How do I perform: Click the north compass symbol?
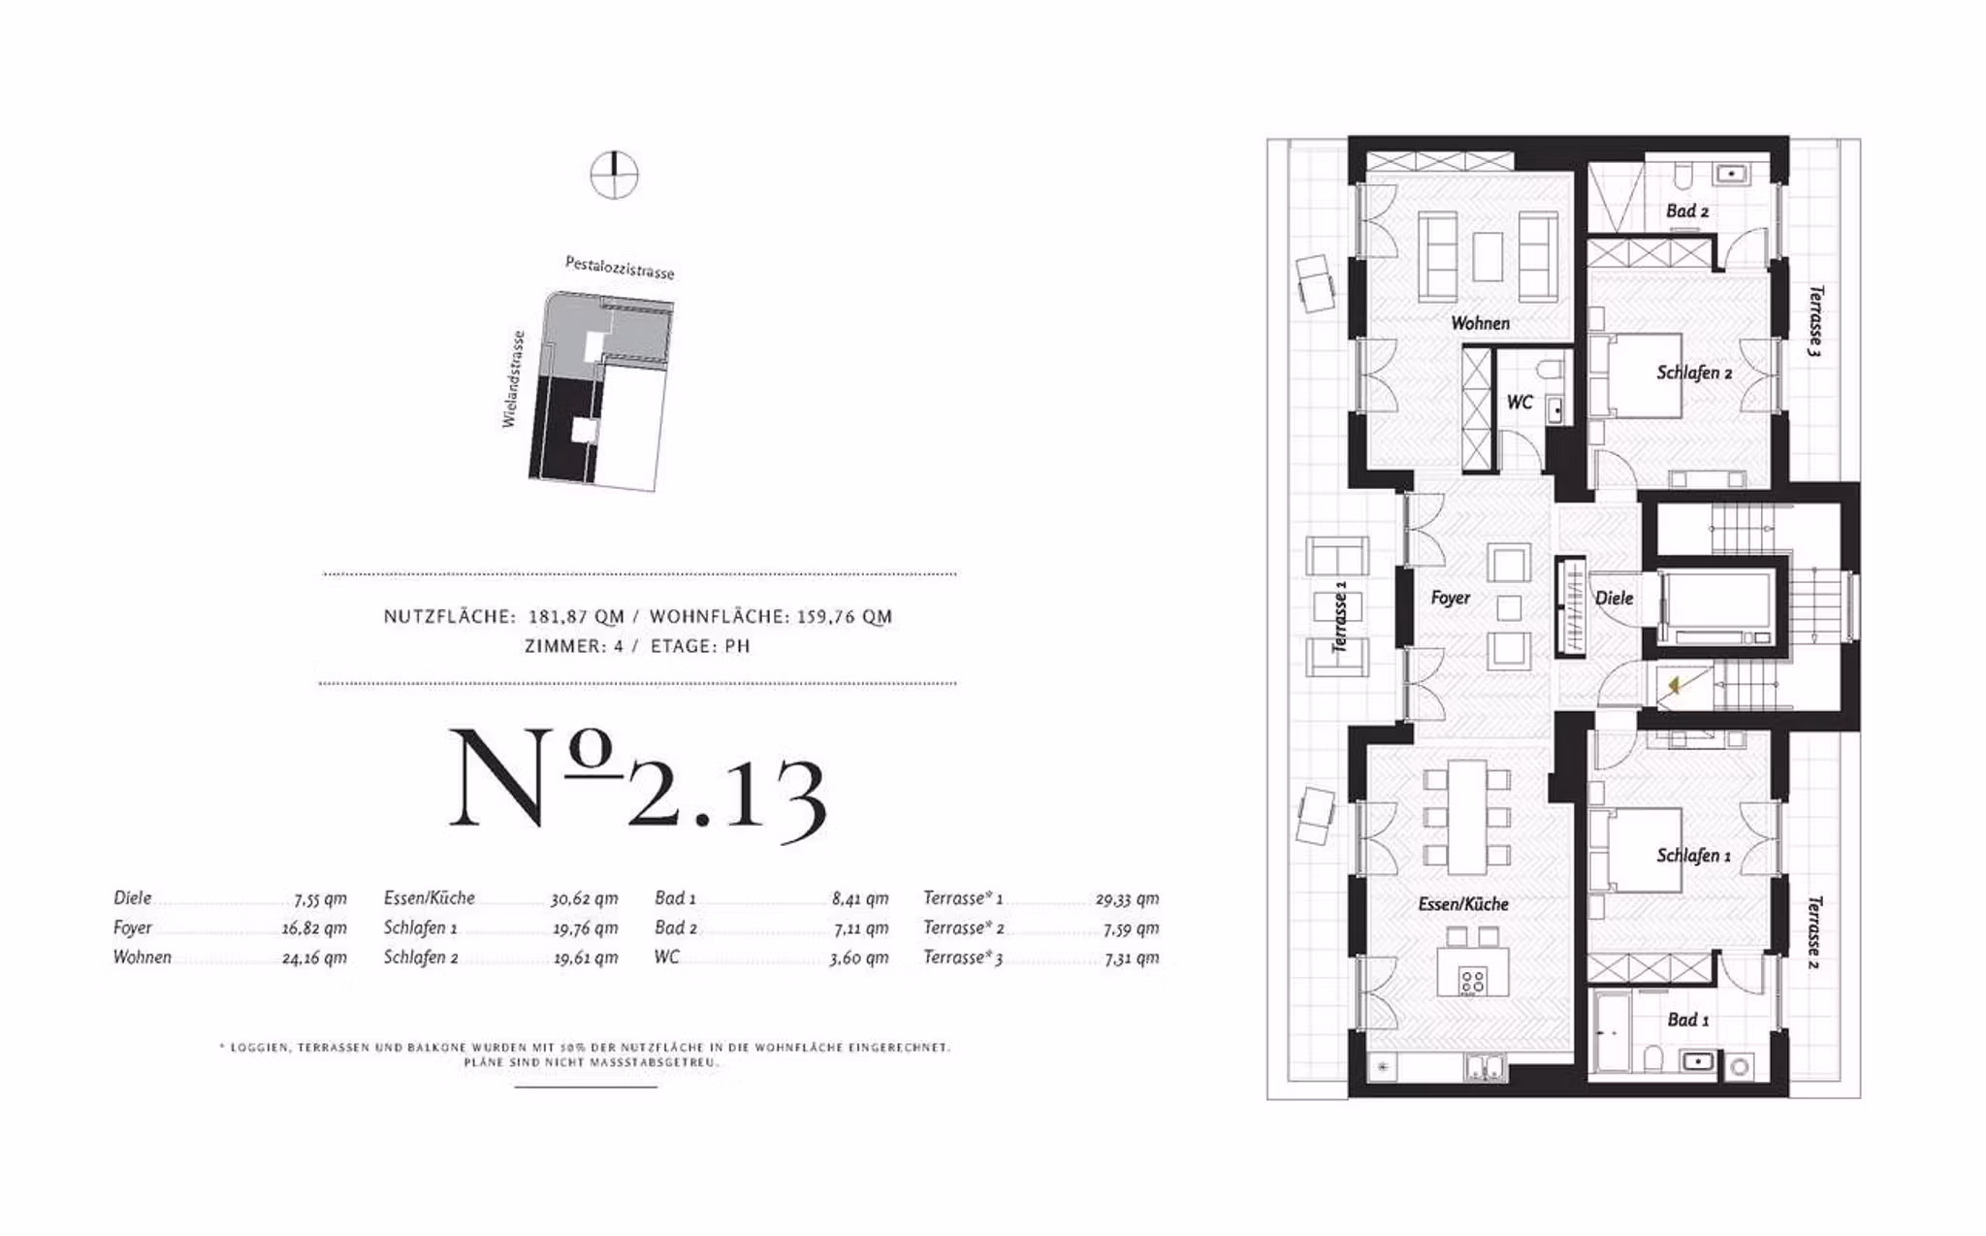tap(614, 176)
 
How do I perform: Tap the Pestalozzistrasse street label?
tap(619, 267)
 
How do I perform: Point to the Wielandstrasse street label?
tap(513, 379)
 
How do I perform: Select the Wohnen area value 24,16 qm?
tap(314, 958)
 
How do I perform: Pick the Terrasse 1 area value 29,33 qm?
tap(1127, 898)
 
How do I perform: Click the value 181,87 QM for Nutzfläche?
tap(576, 616)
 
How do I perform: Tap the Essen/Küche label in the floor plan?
tap(1462, 904)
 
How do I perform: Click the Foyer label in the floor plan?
tap(1450, 598)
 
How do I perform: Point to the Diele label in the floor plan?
tap(1614, 598)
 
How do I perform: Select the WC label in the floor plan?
tap(1519, 402)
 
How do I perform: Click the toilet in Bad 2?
tap(1682, 175)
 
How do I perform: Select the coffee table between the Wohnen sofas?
tap(1487, 257)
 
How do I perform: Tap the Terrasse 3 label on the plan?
tap(1814, 321)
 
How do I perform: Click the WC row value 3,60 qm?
tap(858, 958)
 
